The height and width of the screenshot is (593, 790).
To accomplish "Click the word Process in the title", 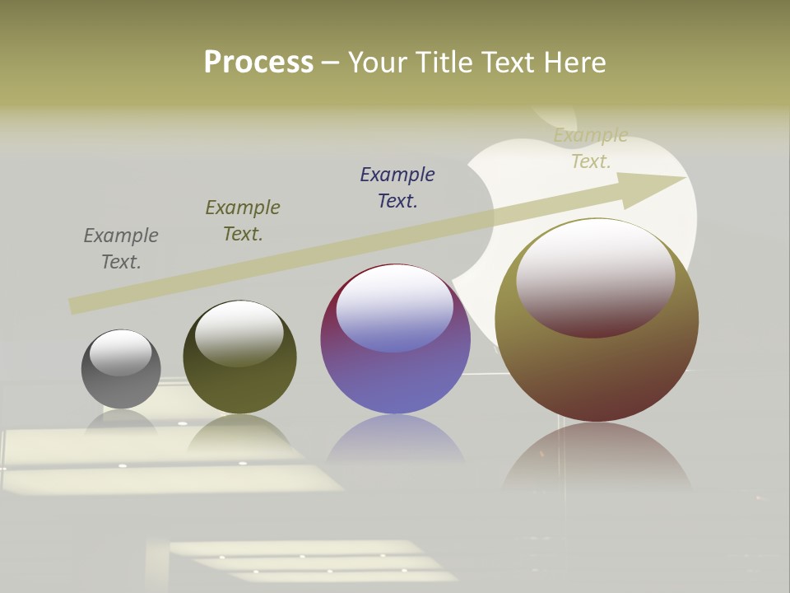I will tap(258, 63).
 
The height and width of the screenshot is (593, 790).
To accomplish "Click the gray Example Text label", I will tap(121, 249).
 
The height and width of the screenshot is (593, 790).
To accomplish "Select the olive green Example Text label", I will tap(243, 221).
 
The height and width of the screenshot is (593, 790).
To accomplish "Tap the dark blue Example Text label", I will tap(397, 188).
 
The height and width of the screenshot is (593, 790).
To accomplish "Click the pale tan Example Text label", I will tap(591, 148).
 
